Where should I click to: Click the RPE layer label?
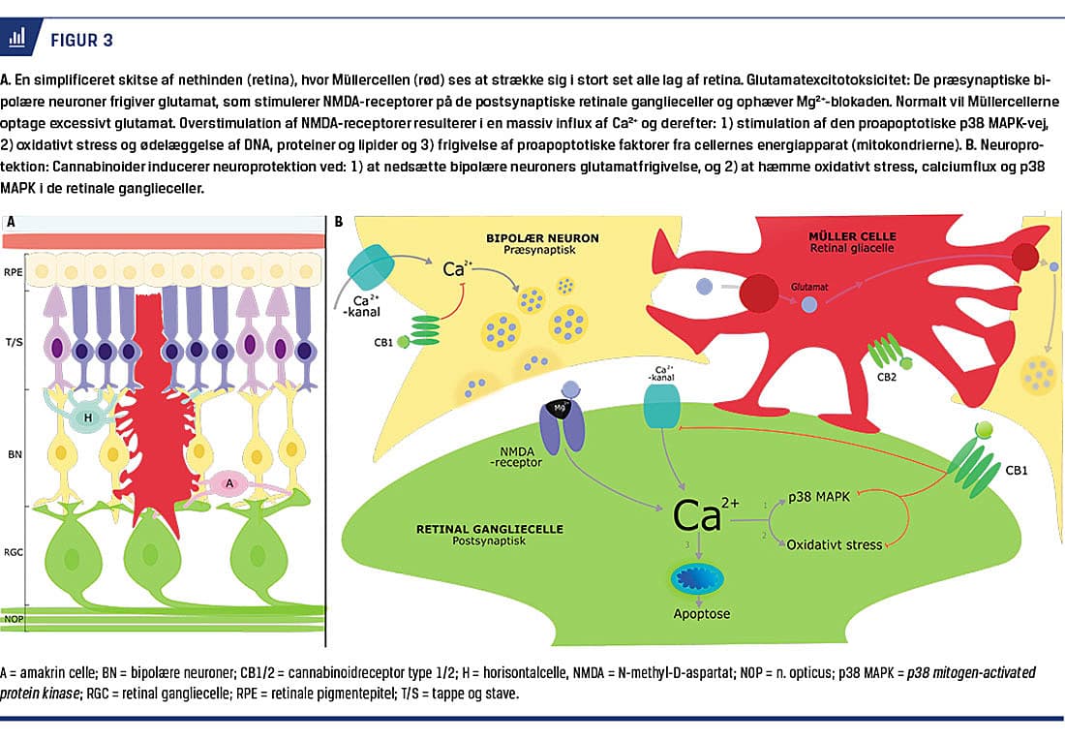click(x=15, y=273)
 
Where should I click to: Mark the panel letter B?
click(x=338, y=222)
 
